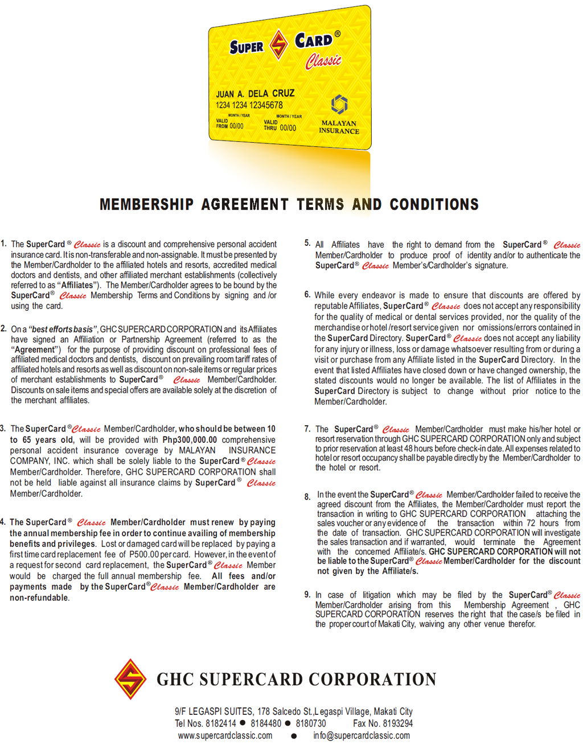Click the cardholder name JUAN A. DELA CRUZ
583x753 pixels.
pos(255,93)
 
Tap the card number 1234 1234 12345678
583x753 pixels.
pos(249,105)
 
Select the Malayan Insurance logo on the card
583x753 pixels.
pos(339,114)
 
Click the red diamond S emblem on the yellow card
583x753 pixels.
pos(278,44)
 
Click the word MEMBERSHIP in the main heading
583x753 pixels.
pos(146,204)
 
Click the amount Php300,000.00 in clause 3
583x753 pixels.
pos(190,440)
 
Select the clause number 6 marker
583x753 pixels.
pos(307,295)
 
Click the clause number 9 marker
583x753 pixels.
pos(307,595)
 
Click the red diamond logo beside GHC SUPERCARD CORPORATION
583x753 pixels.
pos(130,679)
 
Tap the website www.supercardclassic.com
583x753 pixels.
pos(225,735)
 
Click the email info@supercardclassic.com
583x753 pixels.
pos(361,735)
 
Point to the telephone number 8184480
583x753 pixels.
pos(266,723)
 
